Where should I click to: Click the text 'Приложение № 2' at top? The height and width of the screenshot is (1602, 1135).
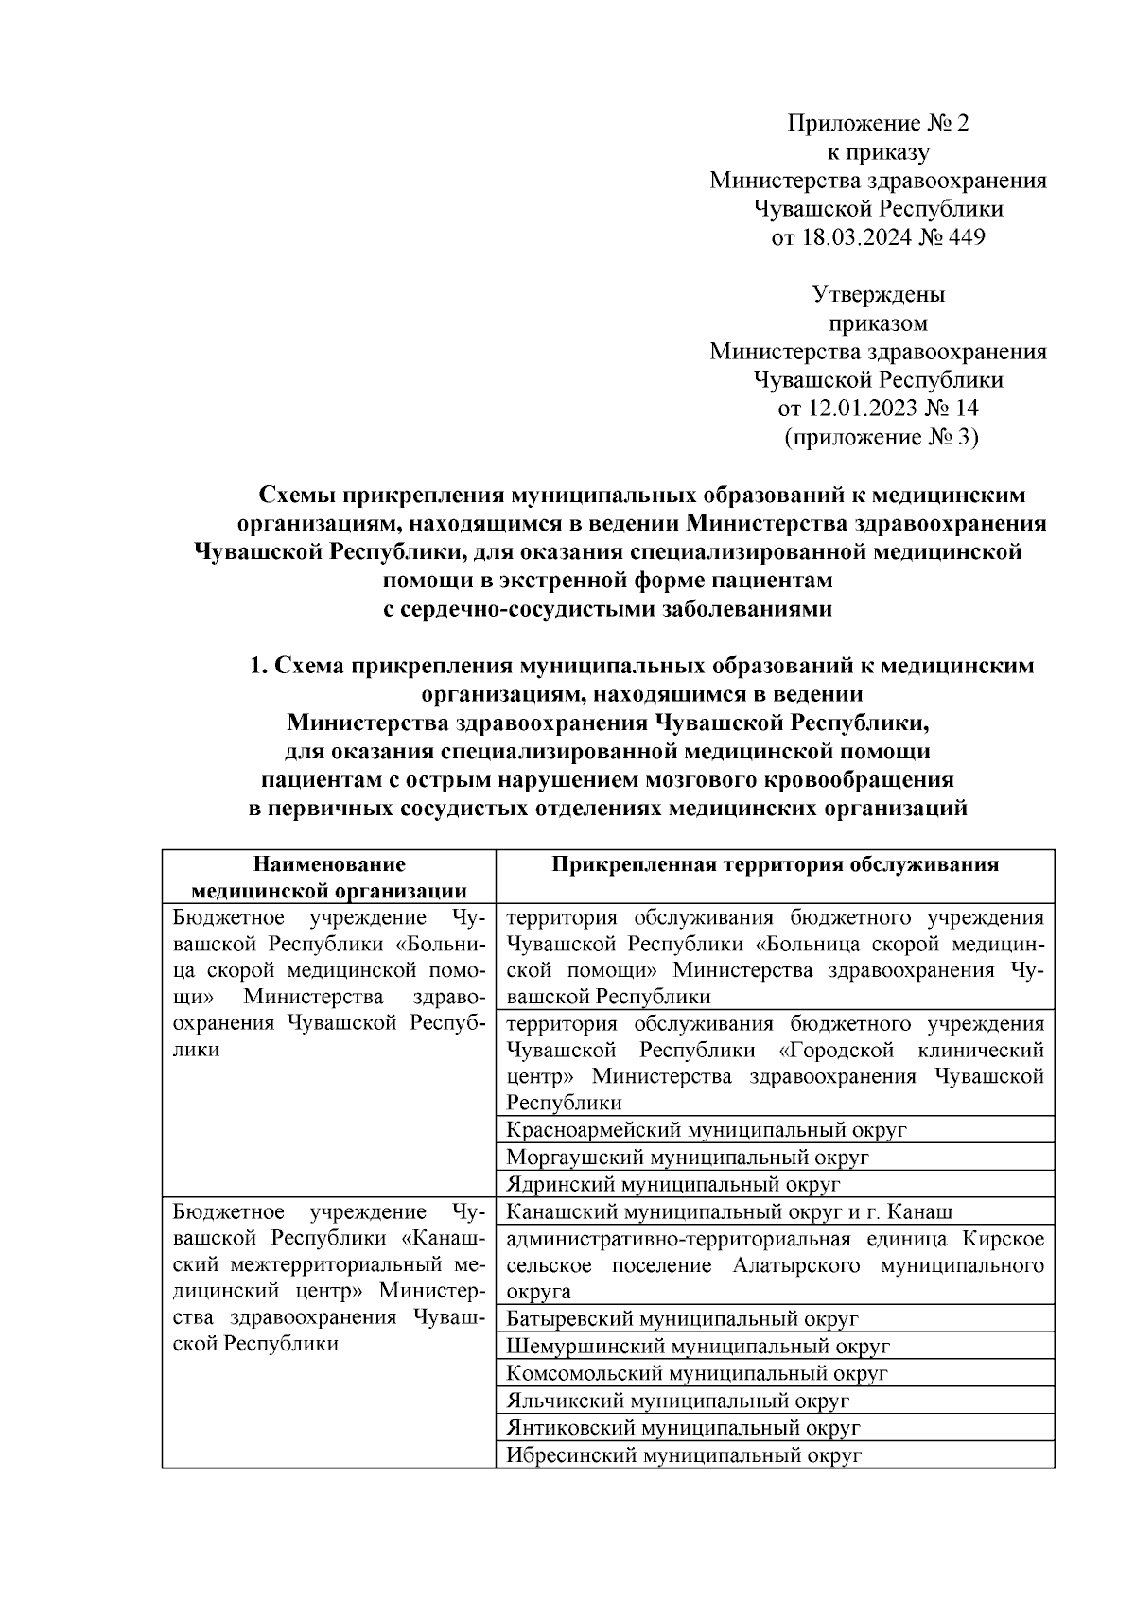pos(879,123)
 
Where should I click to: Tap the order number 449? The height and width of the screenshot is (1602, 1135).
pos(966,237)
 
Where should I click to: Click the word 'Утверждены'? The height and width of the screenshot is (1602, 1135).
pos(879,294)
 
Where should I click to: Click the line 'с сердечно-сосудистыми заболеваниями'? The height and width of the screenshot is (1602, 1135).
pos(606,609)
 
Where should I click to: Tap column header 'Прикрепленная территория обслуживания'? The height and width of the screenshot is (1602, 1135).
pos(775,864)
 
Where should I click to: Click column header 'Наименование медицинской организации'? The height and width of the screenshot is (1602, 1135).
pos(328,877)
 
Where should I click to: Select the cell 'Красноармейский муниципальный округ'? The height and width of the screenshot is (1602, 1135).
pos(707,1130)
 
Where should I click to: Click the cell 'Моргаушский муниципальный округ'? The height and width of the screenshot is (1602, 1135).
pos(688,1158)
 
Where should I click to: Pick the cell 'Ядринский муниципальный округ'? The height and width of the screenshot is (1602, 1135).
pos(673,1184)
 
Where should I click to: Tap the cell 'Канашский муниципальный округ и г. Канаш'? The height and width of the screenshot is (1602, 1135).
pos(729,1212)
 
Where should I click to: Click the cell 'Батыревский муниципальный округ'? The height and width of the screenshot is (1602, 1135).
pos(682,1319)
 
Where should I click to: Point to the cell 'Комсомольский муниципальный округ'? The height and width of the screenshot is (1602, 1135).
pos(697,1373)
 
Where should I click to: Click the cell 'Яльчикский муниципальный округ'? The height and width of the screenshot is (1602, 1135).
pos(677,1401)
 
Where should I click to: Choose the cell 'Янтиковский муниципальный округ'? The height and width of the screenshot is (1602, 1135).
pos(683,1428)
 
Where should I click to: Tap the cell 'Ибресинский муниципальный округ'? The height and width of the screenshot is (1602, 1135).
pos(684,1455)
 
